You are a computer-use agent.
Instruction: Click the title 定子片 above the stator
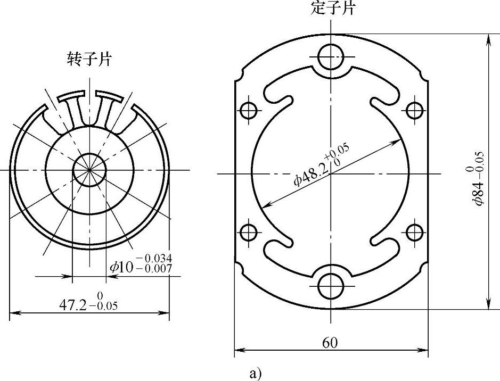pyautogui.click(x=332, y=7)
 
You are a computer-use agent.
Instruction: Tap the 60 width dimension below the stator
pyautogui.click(x=330, y=343)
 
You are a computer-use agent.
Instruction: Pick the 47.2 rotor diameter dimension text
pyautogui.click(x=73, y=305)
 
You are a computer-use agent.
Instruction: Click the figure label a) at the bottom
pyautogui.click(x=256, y=374)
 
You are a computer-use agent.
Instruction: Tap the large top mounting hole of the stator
pyautogui.click(x=331, y=57)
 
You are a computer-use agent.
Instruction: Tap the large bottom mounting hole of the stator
pyautogui.click(x=331, y=286)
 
